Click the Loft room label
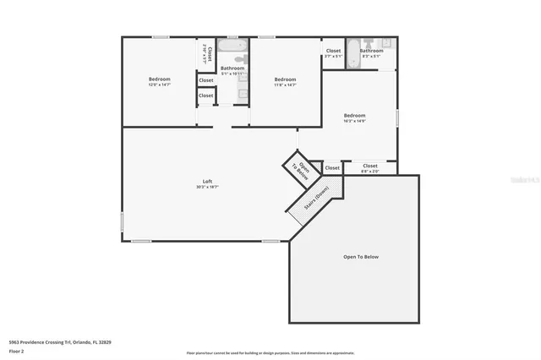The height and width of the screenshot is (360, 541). pos(207,181)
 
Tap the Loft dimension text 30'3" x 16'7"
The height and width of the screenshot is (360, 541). pos(207,187)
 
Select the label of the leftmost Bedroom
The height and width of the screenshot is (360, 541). pos(160,79)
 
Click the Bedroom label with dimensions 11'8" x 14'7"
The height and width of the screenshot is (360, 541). pos(285,79)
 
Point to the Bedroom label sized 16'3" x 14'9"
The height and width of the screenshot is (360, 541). pos(354,115)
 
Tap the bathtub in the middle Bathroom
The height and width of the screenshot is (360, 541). pos(232,45)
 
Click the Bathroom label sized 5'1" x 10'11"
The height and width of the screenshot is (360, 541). pos(232,68)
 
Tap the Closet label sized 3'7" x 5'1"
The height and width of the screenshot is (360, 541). pos(333,51)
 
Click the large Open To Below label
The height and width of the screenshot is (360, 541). pos(360,256)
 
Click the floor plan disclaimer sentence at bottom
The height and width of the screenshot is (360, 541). pos(270,352)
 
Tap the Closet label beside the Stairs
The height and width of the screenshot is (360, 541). pos(332,168)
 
